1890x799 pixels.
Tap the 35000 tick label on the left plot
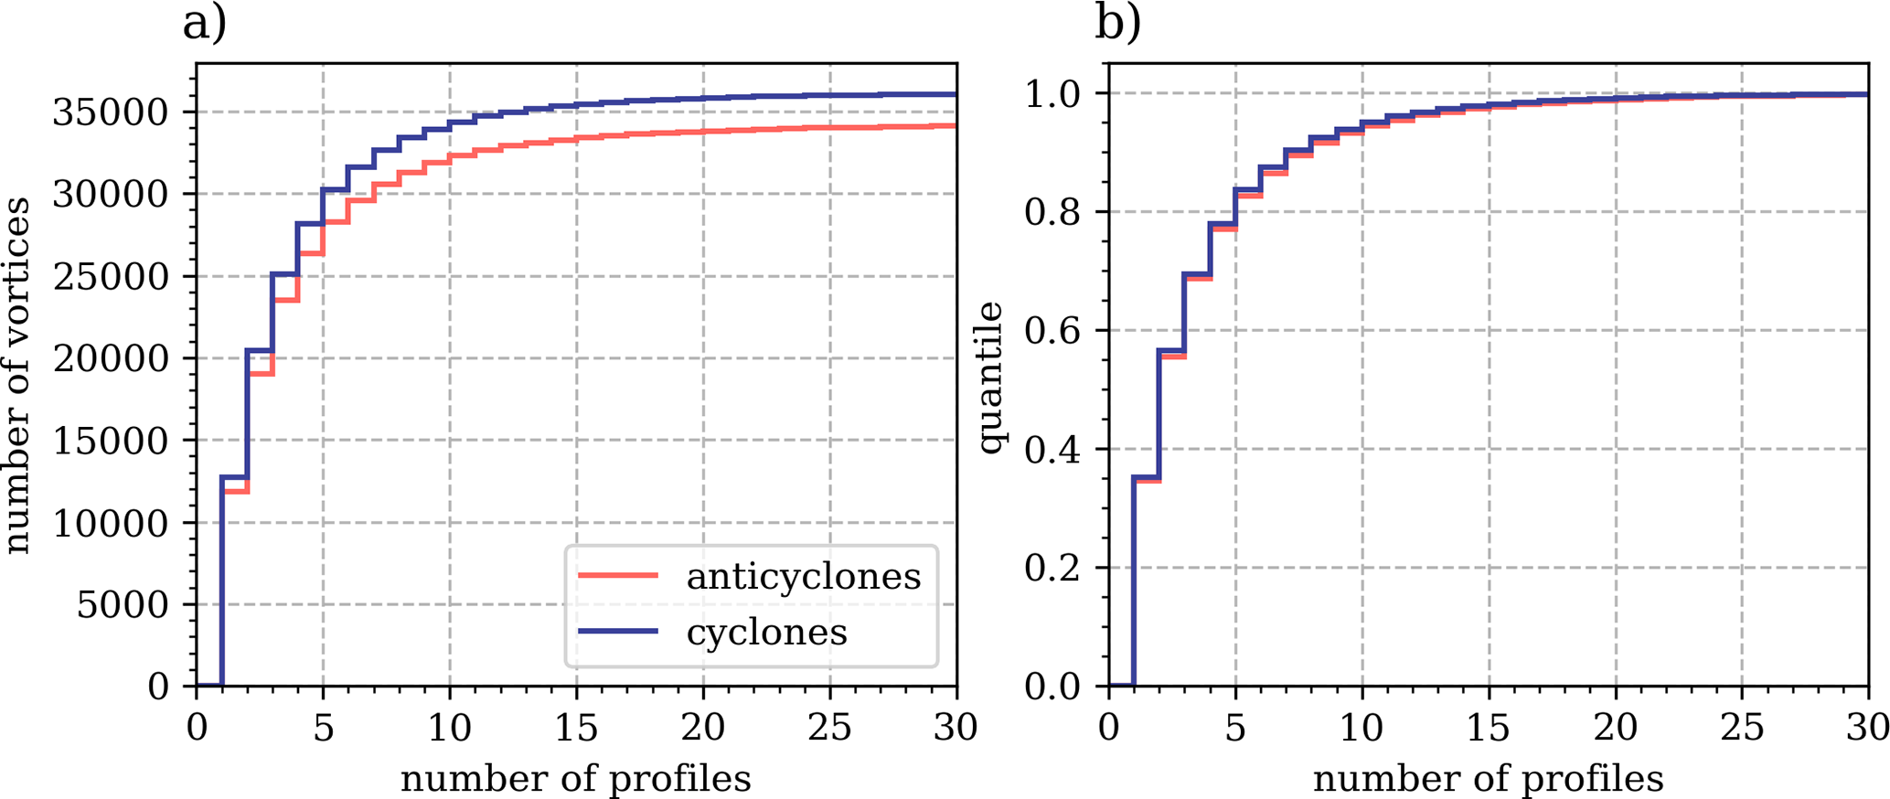(111, 112)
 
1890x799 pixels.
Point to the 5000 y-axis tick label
(123, 604)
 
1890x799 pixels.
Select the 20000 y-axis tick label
(111, 358)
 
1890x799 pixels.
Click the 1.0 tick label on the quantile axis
(1053, 94)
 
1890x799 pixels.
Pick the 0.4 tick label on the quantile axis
(1053, 449)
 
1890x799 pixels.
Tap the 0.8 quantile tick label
(1053, 212)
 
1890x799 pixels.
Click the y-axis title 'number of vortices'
(18, 375)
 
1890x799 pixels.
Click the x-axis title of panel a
(576, 779)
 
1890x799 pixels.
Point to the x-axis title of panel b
(1489, 779)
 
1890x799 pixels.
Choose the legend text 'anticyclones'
(804, 576)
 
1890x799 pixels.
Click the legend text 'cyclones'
(767, 632)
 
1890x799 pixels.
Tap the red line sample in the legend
(618, 576)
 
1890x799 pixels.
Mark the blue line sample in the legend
(618, 632)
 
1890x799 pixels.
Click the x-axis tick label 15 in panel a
(576, 729)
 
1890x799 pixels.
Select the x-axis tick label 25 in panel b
(1742, 729)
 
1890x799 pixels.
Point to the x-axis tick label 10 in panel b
(1361, 729)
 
